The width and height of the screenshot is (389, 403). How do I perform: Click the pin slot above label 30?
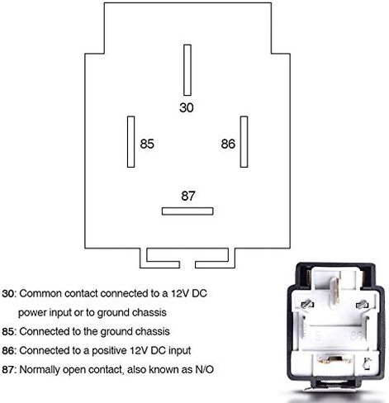[x=187, y=70]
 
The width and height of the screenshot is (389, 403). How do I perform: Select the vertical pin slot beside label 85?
[x=130, y=141]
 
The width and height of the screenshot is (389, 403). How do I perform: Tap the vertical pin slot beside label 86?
[x=244, y=141]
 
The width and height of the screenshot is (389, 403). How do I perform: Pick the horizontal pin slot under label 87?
[x=187, y=211]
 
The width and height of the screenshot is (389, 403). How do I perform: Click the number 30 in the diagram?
[x=187, y=107]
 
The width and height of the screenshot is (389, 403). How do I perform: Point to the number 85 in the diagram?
[x=147, y=144]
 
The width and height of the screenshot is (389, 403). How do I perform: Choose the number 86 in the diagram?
[x=228, y=144]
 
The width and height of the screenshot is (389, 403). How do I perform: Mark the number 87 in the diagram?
[x=188, y=196]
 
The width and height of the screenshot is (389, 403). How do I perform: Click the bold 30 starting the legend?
[x=7, y=294]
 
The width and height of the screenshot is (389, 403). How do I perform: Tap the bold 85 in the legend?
[x=7, y=332]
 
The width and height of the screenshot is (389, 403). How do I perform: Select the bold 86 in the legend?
[x=7, y=351]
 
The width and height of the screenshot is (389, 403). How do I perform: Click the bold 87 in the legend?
[x=7, y=370]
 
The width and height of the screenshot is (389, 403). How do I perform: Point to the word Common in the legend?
[x=40, y=294]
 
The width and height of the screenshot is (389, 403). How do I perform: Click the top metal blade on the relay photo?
[x=334, y=294]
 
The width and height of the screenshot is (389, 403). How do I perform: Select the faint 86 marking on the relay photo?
[x=356, y=336]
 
